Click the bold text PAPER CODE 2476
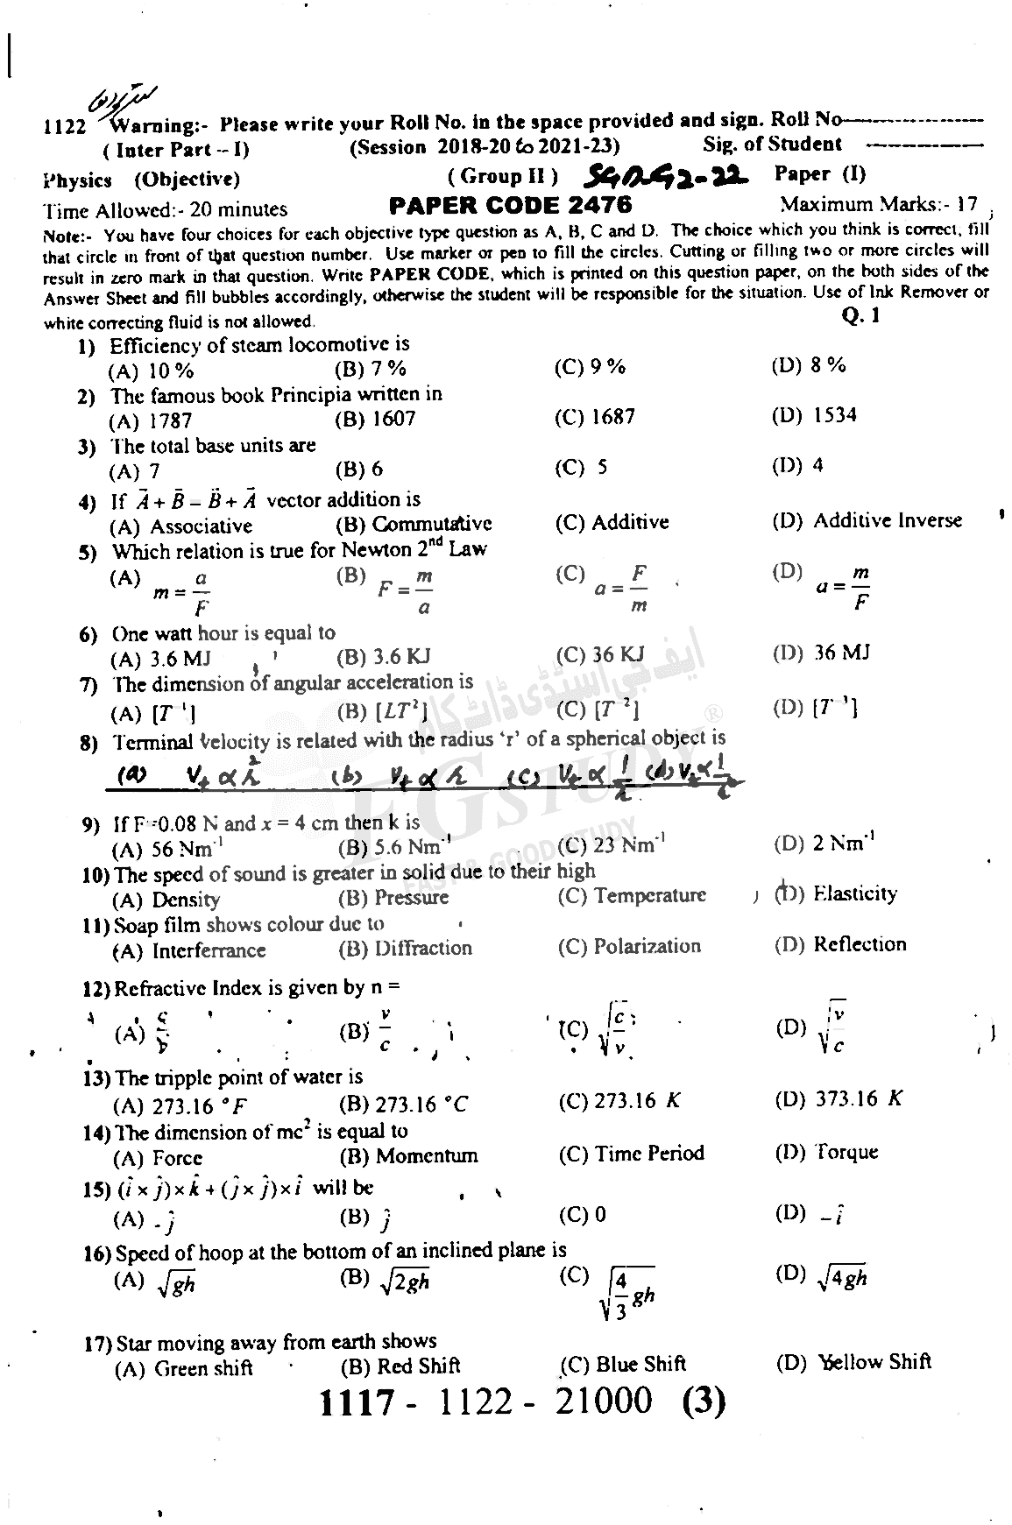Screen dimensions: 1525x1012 (509, 206)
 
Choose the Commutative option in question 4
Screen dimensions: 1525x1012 (414, 524)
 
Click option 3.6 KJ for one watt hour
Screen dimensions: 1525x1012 (384, 656)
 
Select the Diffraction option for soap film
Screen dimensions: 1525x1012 (406, 948)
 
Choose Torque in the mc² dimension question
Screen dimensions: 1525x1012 (827, 1152)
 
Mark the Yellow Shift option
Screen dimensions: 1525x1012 (854, 1362)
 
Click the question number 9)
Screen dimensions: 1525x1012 (95, 825)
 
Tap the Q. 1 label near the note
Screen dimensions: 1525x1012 (860, 316)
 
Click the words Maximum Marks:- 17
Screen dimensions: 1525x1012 (878, 205)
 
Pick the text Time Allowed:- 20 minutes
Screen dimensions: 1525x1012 (165, 209)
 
